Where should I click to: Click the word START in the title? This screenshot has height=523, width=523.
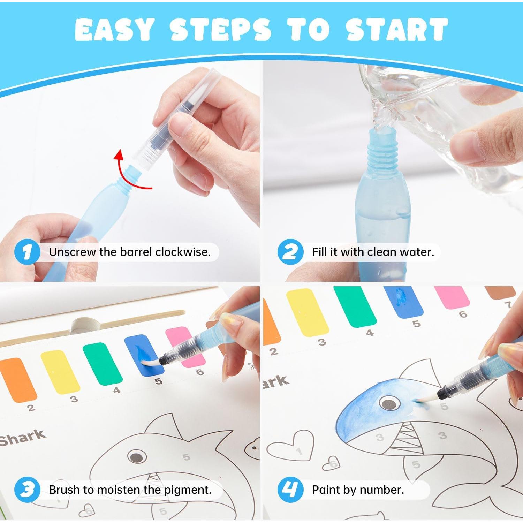click(x=397, y=30)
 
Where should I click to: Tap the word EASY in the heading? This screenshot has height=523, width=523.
click(x=114, y=30)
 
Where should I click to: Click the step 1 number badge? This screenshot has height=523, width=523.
click(x=27, y=252)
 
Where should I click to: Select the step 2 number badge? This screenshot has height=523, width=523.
click(x=290, y=252)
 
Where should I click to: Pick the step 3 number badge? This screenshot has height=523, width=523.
click(x=27, y=490)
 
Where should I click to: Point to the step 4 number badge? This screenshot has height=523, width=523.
click(x=290, y=490)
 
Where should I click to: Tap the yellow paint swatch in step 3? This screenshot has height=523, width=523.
click(x=60, y=372)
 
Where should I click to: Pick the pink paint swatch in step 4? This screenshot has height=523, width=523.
click(x=452, y=297)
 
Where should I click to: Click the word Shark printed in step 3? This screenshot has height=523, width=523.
click(x=23, y=438)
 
